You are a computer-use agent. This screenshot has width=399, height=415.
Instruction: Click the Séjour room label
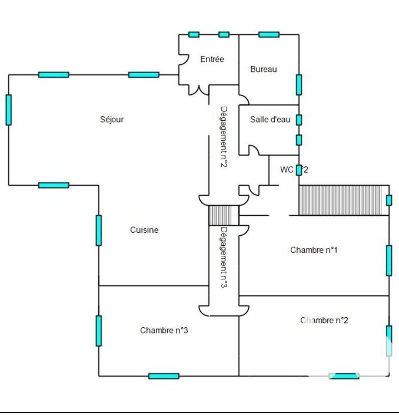112,119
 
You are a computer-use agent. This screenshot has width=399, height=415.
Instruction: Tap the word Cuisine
144,230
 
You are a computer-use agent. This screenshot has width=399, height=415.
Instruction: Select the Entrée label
212,59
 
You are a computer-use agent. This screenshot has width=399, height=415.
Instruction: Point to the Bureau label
264,69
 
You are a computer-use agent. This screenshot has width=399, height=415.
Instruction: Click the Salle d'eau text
270,119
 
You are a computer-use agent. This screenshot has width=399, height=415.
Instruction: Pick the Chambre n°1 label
314,250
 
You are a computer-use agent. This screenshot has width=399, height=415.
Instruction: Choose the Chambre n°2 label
324,320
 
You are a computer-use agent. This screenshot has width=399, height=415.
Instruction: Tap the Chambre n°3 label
164,330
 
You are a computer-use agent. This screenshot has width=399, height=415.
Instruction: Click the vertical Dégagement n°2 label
224,136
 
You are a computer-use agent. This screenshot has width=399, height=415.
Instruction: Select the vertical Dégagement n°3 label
224,257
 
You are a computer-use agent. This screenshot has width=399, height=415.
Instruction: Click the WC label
294,170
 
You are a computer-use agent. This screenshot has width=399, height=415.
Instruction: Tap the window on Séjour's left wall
8,110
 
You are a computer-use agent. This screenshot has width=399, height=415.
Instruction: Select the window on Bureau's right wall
299,84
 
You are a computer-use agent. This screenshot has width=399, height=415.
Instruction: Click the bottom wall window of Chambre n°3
164,376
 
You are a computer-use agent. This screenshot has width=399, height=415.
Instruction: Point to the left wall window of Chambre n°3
98,331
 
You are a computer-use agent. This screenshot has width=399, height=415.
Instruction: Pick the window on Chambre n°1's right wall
389,261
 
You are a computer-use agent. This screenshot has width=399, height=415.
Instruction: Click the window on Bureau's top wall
268,34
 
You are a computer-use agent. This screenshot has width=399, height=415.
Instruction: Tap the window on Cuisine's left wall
98,230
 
